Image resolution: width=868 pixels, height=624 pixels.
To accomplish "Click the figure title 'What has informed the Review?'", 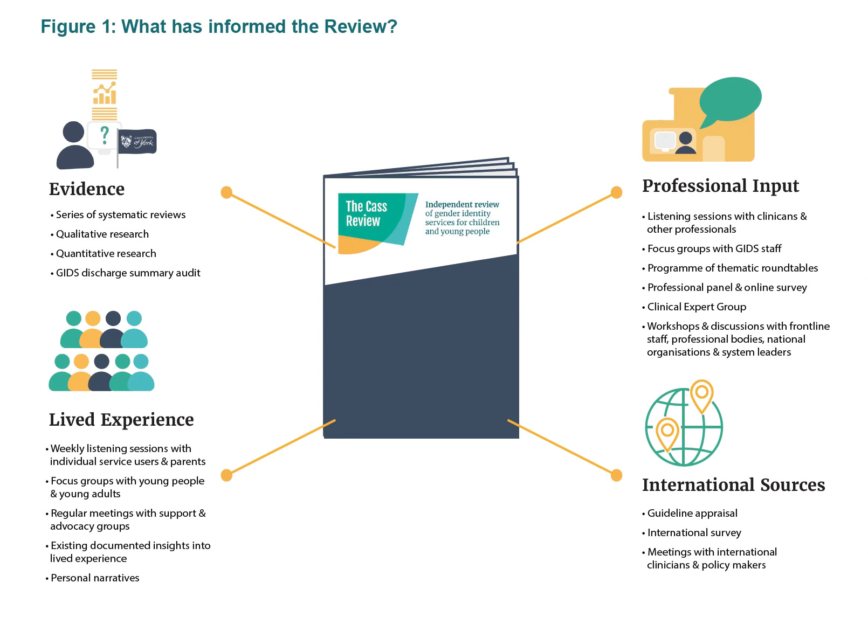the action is (x=219, y=26).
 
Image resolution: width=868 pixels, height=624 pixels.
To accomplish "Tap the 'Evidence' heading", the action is (x=87, y=189).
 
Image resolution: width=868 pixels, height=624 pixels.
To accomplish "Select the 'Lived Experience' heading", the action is (x=121, y=420).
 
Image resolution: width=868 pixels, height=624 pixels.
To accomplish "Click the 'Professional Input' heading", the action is (x=720, y=186).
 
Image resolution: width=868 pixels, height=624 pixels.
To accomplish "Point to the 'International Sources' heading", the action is (x=733, y=485).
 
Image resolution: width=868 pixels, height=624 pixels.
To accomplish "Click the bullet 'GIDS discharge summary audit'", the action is (x=128, y=273).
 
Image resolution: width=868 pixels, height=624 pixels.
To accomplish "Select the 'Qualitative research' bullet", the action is (x=102, y=234).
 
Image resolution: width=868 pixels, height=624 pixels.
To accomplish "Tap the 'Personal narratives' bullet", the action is (x=95, y=578).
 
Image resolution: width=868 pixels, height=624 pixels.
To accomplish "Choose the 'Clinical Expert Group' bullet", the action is (x=697, y=307).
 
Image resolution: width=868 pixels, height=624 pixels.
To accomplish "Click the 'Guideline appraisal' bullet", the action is (x=692, y=514).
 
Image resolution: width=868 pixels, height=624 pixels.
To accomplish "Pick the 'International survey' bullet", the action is (x=694, y=533).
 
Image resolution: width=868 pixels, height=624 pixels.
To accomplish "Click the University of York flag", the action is (x=137, y=142).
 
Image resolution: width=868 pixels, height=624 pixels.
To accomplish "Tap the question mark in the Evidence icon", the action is (x=105, y=135).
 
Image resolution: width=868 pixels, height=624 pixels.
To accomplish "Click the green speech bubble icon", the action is (x=730, y=99).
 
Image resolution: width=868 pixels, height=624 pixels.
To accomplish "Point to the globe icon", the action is (x=684, y=427).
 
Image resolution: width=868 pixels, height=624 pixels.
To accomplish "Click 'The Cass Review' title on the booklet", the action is (x=366, y=213).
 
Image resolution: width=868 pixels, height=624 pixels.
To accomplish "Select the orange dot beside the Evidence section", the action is (x=226, y=192).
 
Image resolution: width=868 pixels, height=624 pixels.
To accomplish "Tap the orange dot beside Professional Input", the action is (x=616, y=192).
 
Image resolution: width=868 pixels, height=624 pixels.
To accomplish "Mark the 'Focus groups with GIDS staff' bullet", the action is (x=714, y=249).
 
